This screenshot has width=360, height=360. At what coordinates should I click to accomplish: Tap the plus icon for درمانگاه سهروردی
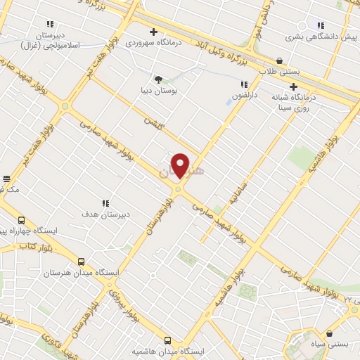153,32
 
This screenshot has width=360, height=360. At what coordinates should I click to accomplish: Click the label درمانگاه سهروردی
152,42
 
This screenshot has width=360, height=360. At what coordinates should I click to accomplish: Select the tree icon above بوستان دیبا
158,79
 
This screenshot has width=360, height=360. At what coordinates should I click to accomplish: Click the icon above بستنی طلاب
281,60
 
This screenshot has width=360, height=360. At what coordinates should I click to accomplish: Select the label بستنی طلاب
278,71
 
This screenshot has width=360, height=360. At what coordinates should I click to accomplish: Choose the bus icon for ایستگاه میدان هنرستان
80,261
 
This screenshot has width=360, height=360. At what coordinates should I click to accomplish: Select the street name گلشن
153,120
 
